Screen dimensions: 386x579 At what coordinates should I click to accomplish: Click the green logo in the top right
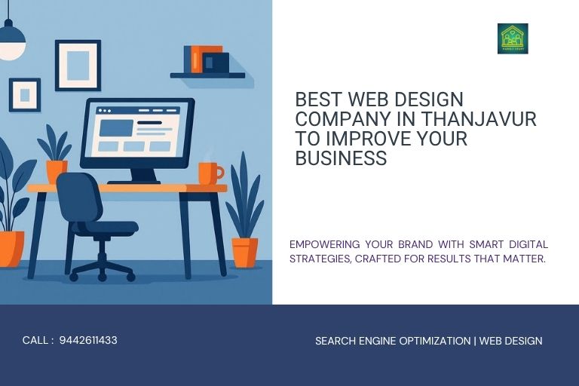[513, 38]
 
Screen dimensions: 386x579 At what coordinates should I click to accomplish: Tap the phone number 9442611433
[88, 340]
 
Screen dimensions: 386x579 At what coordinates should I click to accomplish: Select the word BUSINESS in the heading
[341, 158]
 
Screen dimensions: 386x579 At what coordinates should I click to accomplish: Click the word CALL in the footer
[35, 340]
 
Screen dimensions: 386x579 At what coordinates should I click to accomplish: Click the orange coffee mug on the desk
[209, 173]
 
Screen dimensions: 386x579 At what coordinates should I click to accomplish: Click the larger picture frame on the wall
[78, 66]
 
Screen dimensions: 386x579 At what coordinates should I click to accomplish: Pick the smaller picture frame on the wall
[25, 95]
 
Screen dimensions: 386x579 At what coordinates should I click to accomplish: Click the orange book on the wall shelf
[196, 60]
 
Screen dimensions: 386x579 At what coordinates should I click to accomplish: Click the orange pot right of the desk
[244, 252]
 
